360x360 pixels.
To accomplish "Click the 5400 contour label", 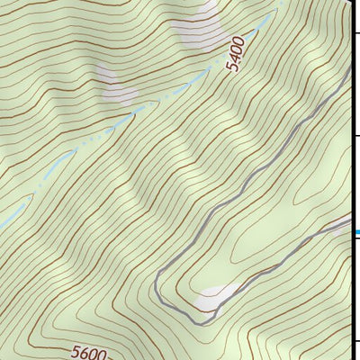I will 237,56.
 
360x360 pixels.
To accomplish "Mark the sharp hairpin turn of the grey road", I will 205,319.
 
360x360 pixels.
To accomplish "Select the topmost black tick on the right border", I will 355,33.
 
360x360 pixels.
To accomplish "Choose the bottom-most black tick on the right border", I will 355,342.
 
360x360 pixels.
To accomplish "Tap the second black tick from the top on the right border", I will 355,136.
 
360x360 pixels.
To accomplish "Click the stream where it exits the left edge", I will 3,225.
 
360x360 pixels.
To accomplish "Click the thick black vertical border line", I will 351,180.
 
